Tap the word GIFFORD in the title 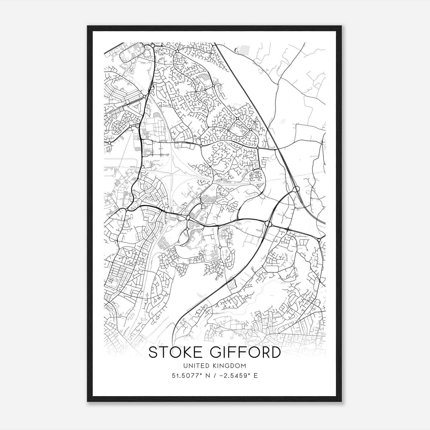245,352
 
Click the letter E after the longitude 256,376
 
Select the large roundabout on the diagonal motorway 296,189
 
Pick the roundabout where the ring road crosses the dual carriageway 268,224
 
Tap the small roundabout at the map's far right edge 319,240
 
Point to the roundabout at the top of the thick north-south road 153,46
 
